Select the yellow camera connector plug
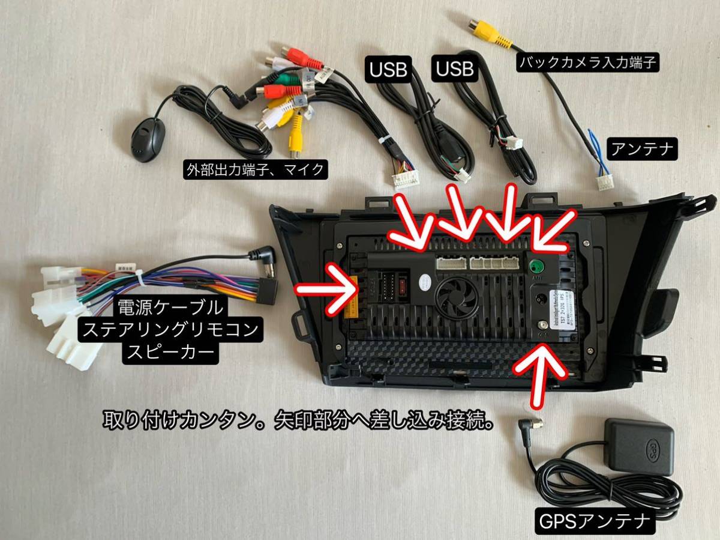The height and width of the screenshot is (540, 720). tap(489, 31)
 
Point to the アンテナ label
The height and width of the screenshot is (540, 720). tap(643, 150)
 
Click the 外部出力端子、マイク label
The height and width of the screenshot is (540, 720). tap(254, 170)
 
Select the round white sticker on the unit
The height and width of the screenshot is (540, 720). tap(425, 281)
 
